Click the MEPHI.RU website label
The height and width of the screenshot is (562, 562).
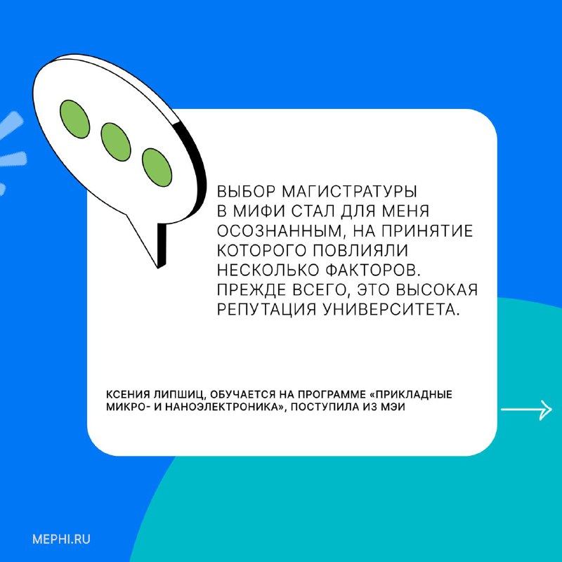point(61,539)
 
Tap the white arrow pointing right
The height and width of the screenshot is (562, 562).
point(526,410)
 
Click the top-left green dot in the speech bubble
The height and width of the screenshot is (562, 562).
point(74,119)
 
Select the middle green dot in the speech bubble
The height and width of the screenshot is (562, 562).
point(116,142)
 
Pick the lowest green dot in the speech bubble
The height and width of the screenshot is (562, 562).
point(157,167)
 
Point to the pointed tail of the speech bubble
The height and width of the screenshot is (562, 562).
point(157,267)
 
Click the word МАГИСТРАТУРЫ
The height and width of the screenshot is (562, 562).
point(350,191)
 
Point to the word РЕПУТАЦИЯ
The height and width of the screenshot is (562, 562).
point(267,309)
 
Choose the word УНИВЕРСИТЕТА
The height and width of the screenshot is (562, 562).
point(391,309)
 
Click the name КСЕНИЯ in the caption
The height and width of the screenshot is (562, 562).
point(128,395)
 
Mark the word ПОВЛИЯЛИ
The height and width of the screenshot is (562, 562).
point(360,250)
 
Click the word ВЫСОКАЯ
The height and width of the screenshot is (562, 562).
point(438,289)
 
